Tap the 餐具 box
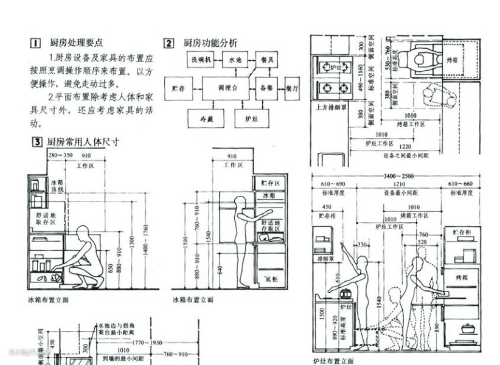pyautogui.click(x=267, y=60)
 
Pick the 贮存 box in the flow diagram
pyautogui.click(x=178, y=88)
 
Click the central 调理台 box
pyautogui.click(x=228, y=88)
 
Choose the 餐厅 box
pyautogui.click(x=292, y=88)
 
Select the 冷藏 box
pyautogui.click(x=205, y=118)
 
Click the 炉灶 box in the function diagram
pyautogui.click(x=252, y=118)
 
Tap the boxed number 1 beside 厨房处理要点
pyautogui.click(x=36, y=43)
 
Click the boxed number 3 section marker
pyautogui.click(x=36, y=142)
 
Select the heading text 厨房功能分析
pyautogui.click(x=210, y=43)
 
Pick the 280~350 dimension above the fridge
pyautogui.click(x=60, y=155)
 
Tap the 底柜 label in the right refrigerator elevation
pyautogui.click(x=271, y=279)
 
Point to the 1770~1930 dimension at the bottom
pyautogui.click(x=147, y=343)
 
